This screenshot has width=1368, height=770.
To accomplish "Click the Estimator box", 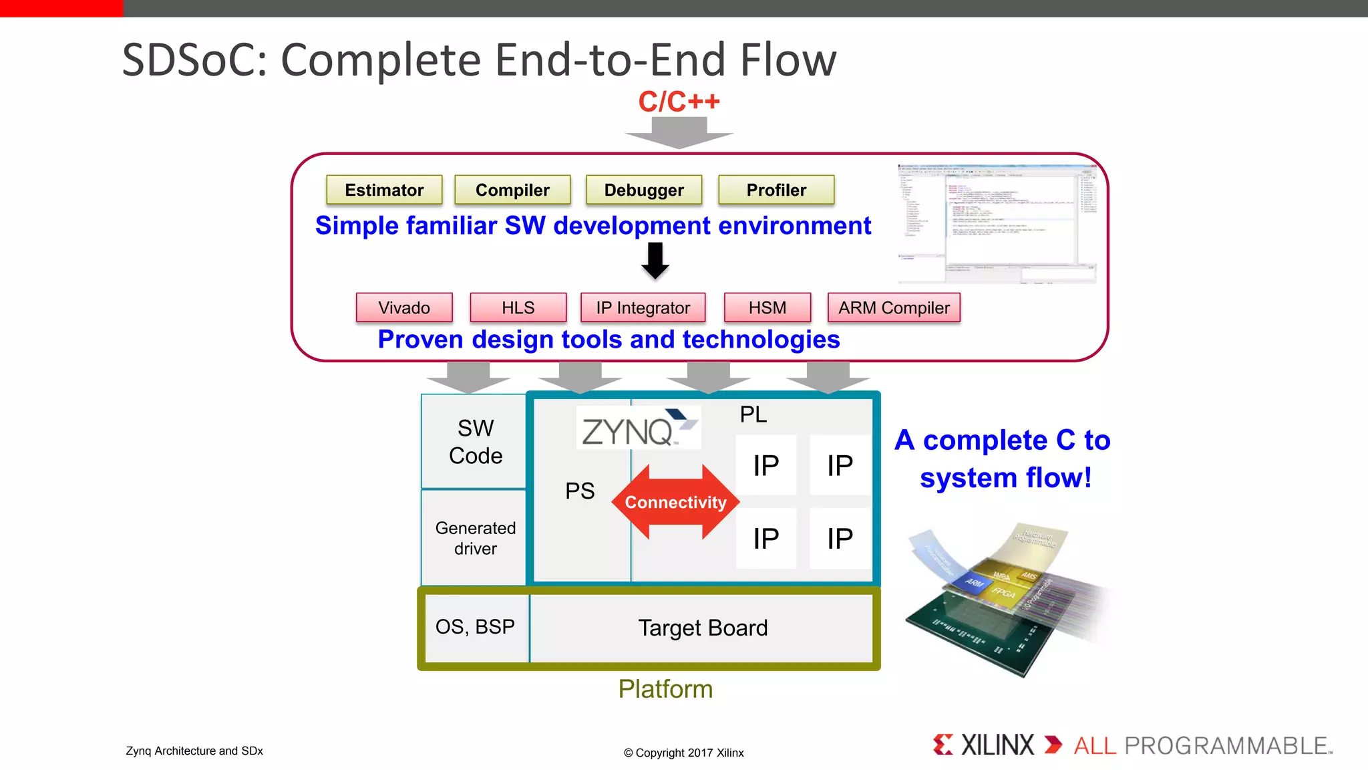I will pyautogui.click(x=384, y=190).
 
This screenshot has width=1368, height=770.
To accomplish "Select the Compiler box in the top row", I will pyautogui.click(x=512, y=190).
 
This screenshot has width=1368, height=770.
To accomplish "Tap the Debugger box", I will pyautogui.click(x=644, y=190).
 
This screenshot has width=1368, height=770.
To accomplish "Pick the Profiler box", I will pyautogui.click(x=776, y=190).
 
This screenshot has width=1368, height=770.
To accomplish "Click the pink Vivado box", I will pyautogui.click(x=404, y=307).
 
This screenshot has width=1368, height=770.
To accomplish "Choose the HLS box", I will pyautogui.click(x=518, y=307).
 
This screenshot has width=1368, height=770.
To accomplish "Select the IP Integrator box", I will pyautogui.click(x=643, y=307).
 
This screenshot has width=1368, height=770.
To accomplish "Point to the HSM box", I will pyautogui.click(x=767, y=307).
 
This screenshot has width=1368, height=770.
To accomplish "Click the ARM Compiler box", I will pyautogui.click(x=894, y=307).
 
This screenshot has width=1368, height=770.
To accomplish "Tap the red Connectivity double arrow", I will pyautogui.click(x=675, y=502).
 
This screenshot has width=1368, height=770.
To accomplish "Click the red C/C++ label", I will pyautogui.click(x=679, y=102).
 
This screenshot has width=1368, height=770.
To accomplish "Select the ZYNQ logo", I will pyautogui.click(x=638, y=428).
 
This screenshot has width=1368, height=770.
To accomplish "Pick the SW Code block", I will pyautogui.click(x=475, y=442).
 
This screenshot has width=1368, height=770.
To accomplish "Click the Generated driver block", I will pyautogui.click(x=475, y=538).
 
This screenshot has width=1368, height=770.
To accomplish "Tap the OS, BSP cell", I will pyautogui.click(x=475, y=627).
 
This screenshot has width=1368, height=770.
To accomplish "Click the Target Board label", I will pyautogui.click(x=703, y=628).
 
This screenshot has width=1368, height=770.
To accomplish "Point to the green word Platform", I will pyautogui.click(x=665, y=689).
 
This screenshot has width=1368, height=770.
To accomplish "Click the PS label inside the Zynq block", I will pyautogui.click(x=580, y=491).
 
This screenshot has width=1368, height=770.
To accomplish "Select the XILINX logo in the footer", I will pyautogui.click(x=985, y=745).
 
